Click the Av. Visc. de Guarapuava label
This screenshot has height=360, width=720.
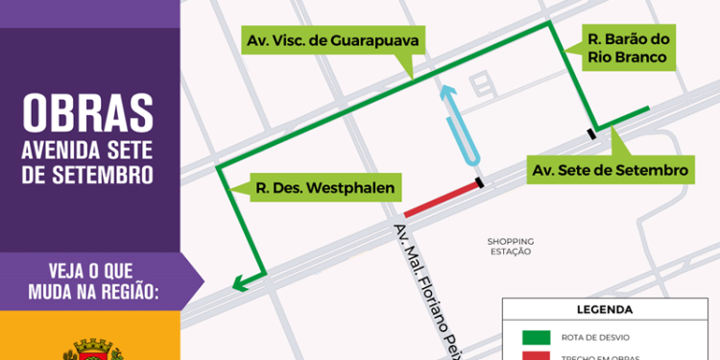333,41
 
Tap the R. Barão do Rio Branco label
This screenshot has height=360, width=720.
629,49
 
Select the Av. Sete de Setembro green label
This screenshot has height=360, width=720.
611,170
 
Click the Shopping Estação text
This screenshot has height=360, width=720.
509,246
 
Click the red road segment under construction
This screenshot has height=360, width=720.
441,198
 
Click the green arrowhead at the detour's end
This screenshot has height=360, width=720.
237,282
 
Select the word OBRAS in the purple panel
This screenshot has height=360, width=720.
88,113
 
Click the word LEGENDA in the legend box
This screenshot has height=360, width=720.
604,310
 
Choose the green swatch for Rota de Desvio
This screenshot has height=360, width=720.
537,337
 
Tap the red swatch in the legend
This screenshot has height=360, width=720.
537,356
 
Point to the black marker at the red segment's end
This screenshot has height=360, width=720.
478,182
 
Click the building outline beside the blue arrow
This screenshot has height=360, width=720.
481,87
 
